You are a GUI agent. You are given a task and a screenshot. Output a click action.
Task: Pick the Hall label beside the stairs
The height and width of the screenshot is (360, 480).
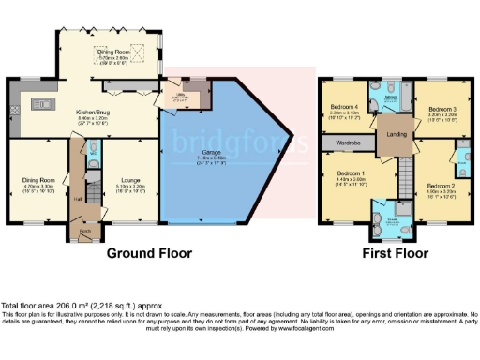80,199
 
